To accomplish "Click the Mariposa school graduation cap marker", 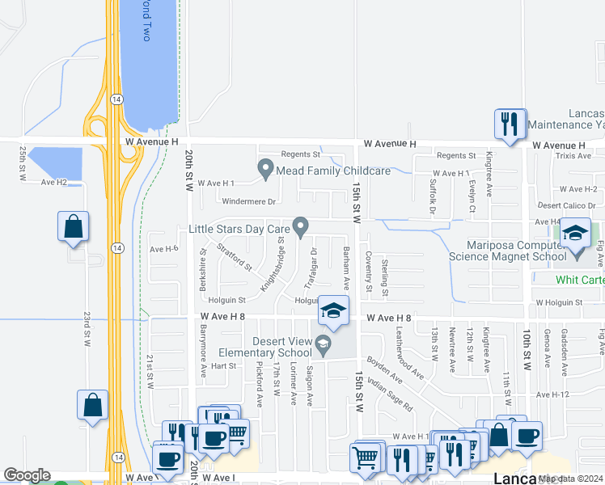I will coord(575,235).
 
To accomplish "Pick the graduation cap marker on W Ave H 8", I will coord(332,310).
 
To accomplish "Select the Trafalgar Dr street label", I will coord(309,267).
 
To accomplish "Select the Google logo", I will coord(27,475).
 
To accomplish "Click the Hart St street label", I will coord(222,365).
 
